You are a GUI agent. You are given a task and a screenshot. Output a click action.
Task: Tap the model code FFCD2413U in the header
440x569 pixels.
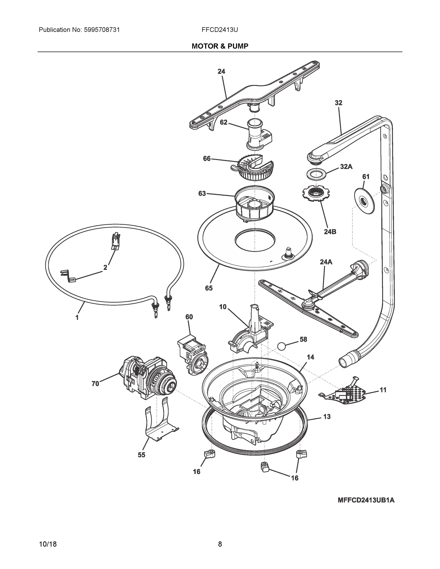219,30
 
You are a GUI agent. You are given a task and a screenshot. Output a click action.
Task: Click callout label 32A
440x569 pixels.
346,166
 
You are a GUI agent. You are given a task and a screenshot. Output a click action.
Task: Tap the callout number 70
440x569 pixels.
95,384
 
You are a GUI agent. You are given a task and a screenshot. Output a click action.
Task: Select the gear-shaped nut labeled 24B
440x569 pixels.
316,194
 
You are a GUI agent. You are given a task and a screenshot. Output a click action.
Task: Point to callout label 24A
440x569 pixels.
326,262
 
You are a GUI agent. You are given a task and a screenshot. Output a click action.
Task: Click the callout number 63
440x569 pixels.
202,193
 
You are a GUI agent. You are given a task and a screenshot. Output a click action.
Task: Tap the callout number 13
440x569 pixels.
327,417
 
